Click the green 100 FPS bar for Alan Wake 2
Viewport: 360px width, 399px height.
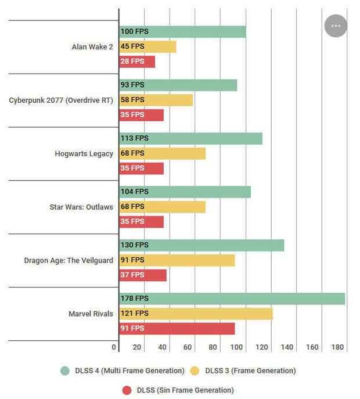[182, 32]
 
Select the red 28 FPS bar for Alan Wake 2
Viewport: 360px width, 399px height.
[137, 62]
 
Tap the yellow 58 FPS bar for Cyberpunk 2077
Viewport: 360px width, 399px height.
[156, 100]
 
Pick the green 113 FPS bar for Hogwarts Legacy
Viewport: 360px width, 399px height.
[190, 138]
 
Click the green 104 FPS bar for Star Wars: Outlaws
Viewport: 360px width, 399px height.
[185, 192]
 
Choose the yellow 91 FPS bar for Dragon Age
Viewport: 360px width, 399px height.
[177, 260]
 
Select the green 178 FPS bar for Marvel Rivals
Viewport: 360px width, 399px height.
[232, 299]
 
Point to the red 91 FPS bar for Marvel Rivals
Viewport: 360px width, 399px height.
[177, 329]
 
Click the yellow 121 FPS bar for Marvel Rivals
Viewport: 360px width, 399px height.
[196, 314]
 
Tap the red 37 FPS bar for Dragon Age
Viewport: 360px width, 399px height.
[143, 275]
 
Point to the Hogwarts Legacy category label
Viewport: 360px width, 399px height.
[84, 154]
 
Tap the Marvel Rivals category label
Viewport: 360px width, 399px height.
[91, 314]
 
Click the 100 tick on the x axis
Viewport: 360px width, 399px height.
[237, 347]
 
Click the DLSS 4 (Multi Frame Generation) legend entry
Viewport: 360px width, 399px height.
[122, 371]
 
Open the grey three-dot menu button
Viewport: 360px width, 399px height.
[336, 26]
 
